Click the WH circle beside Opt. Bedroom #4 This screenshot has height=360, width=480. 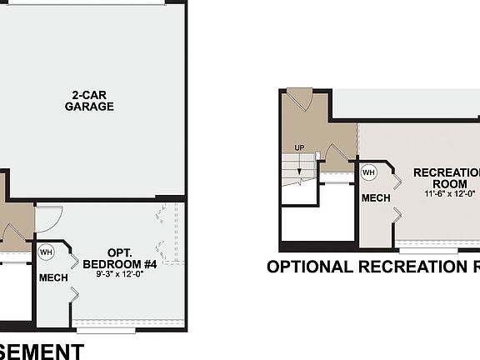point(46,251)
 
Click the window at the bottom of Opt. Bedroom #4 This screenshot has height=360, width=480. point(105,330)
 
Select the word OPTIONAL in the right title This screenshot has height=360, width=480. point(309,267)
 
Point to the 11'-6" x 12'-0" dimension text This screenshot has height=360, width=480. point(448,193)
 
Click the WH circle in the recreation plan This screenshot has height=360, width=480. point(369,172)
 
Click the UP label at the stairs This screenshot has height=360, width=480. point(299,148)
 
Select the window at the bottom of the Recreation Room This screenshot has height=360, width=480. point(428,250)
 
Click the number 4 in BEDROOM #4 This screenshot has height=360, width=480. point(152,264)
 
